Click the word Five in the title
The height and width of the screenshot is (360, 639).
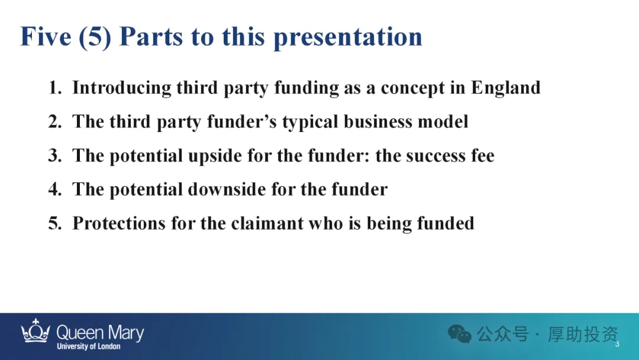[46, 36]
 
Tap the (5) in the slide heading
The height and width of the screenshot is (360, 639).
[95, 37]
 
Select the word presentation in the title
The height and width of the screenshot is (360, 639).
[348, 38]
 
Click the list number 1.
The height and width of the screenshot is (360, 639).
[55, 88]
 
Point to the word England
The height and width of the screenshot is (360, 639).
[506, 88]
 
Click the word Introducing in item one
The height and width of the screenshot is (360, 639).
[122, 88]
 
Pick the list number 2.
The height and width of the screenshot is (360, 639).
[55, 121]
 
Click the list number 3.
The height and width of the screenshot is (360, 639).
[55, 155]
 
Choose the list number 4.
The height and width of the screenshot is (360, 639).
[55, 189]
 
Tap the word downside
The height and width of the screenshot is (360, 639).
[227, 189]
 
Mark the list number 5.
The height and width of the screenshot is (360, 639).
[55, 223]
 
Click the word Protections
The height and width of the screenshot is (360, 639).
[119, 223]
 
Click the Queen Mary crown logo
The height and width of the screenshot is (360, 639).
[36, 330]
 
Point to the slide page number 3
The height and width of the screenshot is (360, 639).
[617, 344]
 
